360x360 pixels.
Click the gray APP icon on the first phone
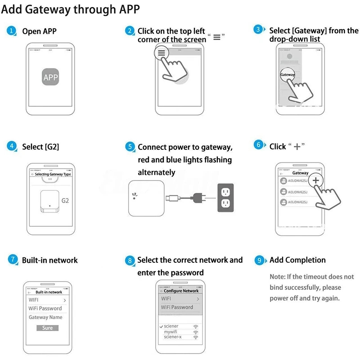[50, 77]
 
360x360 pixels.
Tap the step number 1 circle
[12, 31]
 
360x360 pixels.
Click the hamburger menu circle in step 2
[162, 53]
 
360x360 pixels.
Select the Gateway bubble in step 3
[288, 74]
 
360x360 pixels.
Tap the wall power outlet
[226, 198]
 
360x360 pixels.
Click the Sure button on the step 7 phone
[47, 328]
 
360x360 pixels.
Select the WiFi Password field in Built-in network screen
[45, 308]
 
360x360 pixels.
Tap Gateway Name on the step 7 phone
[45, 317]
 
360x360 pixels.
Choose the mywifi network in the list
[172, 332]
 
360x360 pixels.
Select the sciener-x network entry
[173, 337]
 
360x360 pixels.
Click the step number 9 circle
[259, 260]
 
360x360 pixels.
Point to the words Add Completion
[297, 260]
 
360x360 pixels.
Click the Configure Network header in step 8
[181, 291]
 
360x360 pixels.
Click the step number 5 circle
[130, 147]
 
